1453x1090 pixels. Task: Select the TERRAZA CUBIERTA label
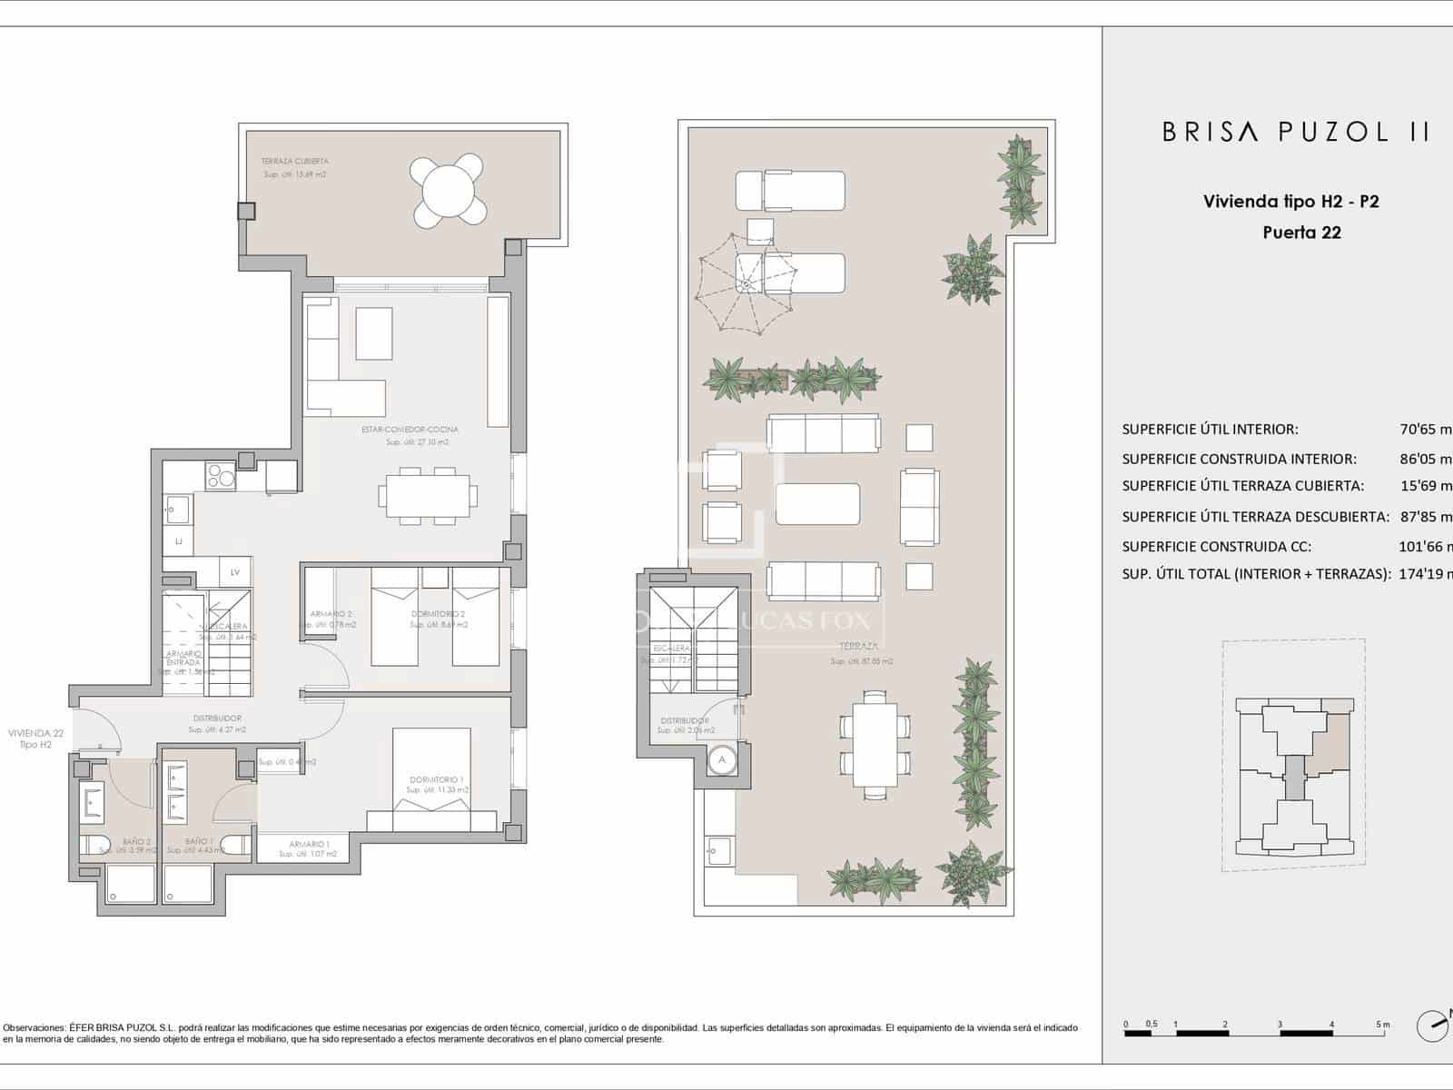pyautogui.click(x=294, y=161)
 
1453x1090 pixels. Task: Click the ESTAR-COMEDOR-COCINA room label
pyautogui.click(x=410, y=430)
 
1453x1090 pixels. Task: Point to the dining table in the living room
pyautogui.click(x=427, y=497)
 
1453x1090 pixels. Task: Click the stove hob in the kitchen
pyautogui.click(x=220, y=476)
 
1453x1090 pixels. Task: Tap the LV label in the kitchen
pyautogui.click(x=234, y=572)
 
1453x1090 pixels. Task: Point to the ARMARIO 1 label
pyautogui.click(x=309, y=844)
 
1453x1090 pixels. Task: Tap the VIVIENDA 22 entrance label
pyautogui.click(x=35, y=733)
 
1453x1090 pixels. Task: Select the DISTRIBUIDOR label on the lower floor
pyautogui.click(x=217, y=718)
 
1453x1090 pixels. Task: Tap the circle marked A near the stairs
pyautogui.click(x=723, y=759)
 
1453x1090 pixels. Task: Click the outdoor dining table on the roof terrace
pyautogui.click(x=874, y=746)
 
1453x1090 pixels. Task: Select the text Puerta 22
pyautogui.click(x=1301, y=233)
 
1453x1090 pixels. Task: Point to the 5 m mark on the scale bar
pyautogui.click(x=1382, y=1025)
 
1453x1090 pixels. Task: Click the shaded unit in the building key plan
pyautogui.click(x=1332, y=737)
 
